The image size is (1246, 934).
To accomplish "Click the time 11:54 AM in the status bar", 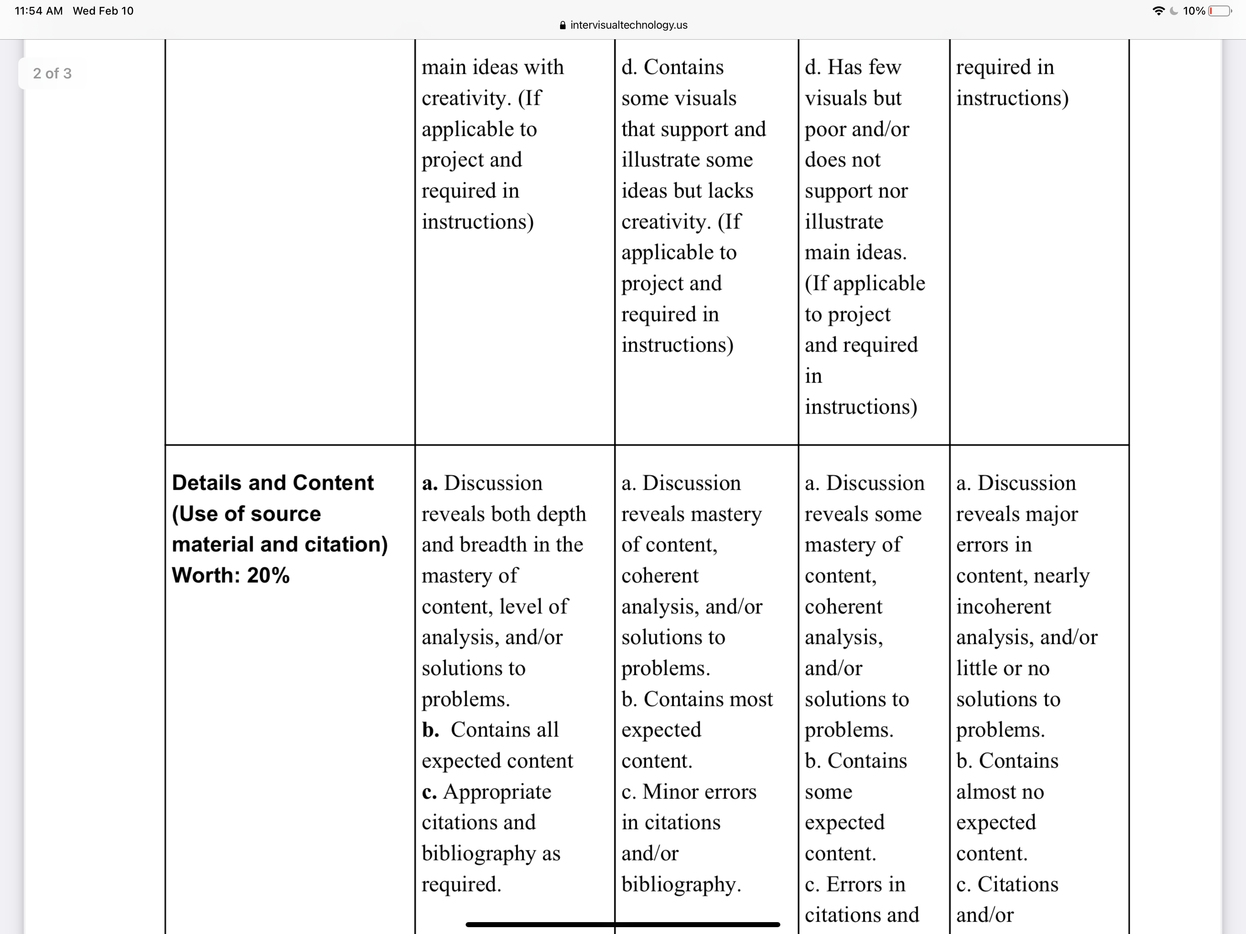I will point(38,10).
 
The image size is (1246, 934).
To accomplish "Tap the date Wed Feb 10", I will point(103,10).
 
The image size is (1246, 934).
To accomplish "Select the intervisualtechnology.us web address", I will point(628,25).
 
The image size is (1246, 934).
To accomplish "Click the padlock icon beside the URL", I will point(562,26).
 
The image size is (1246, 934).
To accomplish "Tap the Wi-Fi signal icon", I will point(1158,10).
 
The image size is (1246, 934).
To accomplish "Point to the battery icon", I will point(1220,10).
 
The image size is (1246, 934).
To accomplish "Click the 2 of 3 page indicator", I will point(52,73).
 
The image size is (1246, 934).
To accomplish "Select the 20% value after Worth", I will point(268,575).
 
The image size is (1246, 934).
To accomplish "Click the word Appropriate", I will point(497,791).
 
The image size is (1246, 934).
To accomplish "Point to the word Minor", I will point(670,791).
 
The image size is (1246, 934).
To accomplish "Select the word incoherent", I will point(1003,607).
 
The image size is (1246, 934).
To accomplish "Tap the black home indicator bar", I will point(623,924).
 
